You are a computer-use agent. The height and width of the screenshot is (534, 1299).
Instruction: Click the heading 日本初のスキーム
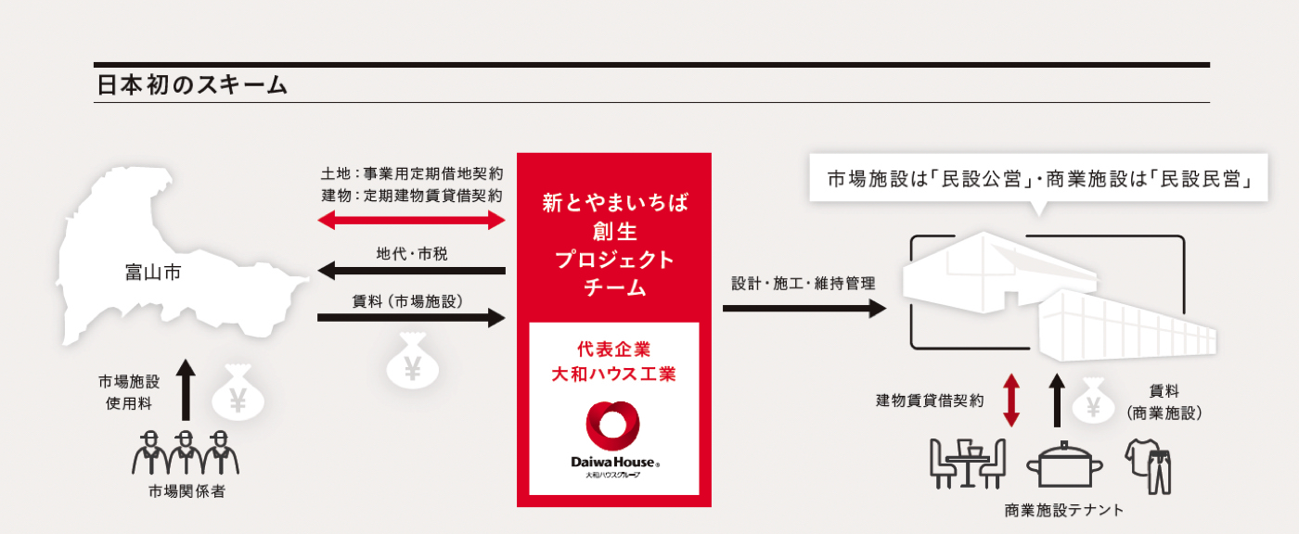point(191,86)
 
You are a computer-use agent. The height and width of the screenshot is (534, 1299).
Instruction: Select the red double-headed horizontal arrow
point(411,221)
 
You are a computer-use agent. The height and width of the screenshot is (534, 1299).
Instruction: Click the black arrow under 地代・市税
point(411,271)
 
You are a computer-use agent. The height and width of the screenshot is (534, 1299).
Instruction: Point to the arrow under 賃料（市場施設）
point(411,318)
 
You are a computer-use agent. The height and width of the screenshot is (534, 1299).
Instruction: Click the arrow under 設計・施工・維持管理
point(804,308)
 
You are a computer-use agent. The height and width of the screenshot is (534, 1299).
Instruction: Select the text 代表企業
point(613,350)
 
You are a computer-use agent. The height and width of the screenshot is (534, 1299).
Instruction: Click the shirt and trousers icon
point(1149,464)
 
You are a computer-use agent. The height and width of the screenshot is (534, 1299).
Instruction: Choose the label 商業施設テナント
point(1063,510)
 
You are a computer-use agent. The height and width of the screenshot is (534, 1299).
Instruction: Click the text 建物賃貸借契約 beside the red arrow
point(930,400)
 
